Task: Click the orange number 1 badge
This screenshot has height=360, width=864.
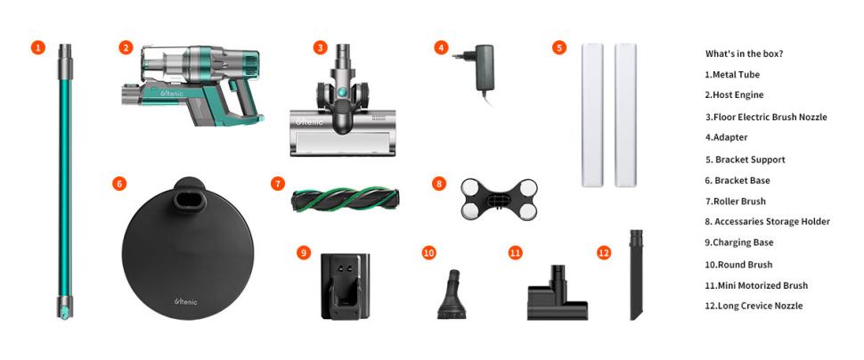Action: (37, 48)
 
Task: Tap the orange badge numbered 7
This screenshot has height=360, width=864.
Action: (278, 184)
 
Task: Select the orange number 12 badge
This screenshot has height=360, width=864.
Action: (604, 252)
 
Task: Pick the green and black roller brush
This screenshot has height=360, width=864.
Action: (346, 199)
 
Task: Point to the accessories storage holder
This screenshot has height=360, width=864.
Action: (499, 199)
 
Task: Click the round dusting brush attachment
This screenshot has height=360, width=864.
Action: (452, 294)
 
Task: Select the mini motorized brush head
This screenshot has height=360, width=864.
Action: (557, 293)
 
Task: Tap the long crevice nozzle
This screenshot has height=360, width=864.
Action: (637, 274)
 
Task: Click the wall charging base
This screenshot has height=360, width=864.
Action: (346, 286)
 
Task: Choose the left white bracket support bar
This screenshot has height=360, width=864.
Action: (592, 115)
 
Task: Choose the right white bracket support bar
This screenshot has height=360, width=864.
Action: (625, 115)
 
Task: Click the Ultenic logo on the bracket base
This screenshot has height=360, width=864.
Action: (185, 301)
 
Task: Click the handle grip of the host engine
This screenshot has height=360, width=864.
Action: (242, 101)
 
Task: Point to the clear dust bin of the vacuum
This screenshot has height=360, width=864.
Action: (162, 64)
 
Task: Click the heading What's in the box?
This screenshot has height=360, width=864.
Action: (745, 54)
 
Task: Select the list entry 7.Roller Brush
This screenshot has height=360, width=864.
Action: (735, 201)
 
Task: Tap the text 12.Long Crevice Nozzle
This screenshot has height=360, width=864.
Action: (754, 306)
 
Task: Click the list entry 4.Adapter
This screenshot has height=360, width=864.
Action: (726, 137)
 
